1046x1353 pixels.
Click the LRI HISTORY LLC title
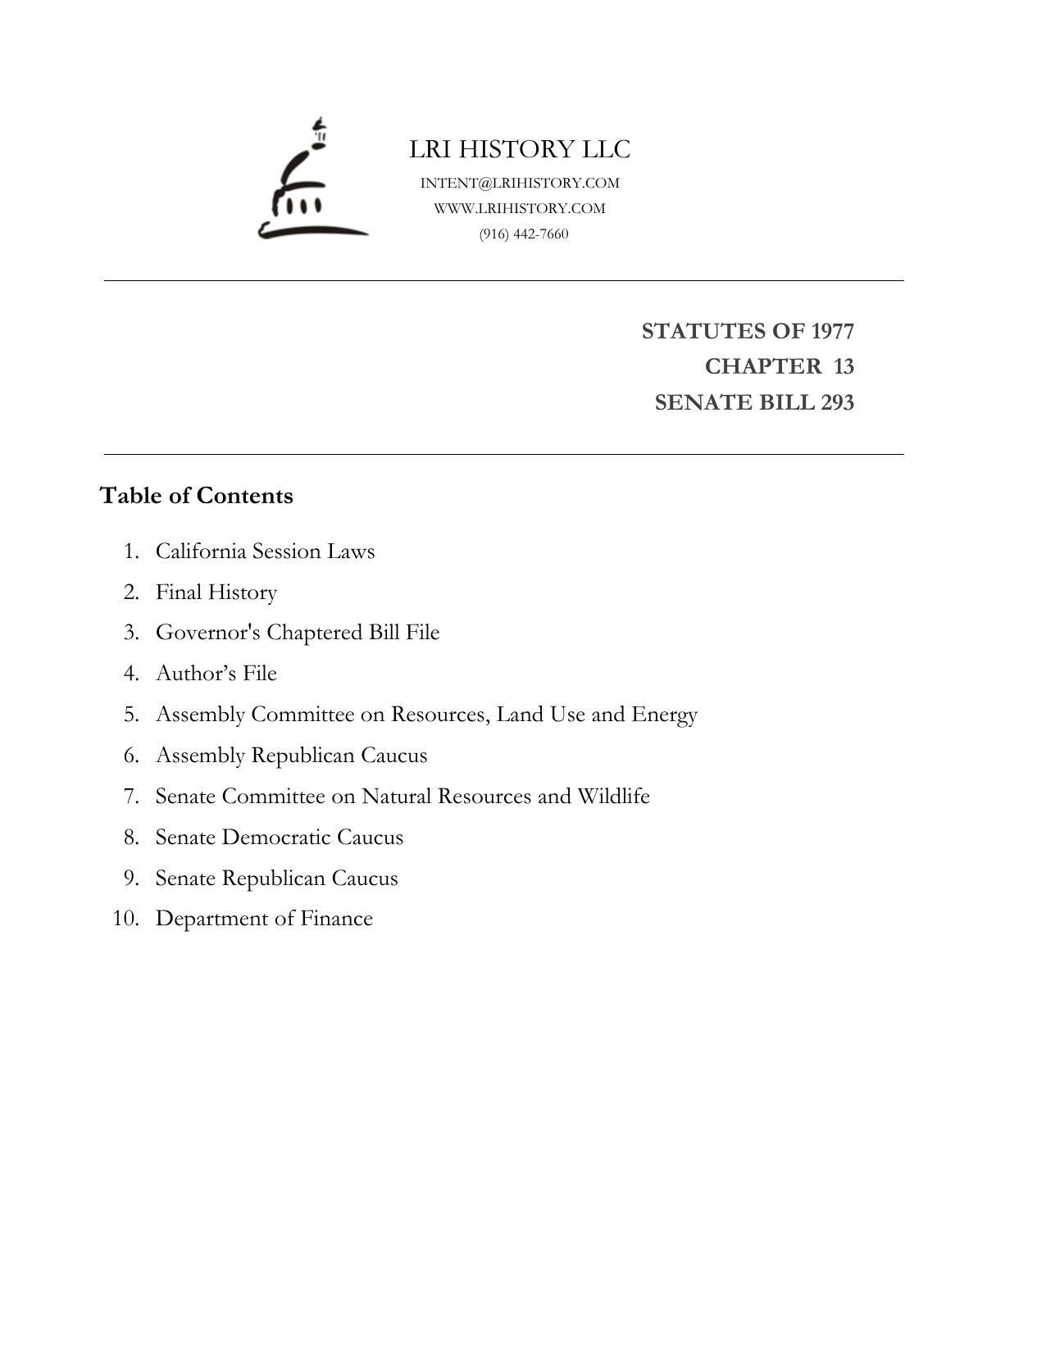(x=520, y=149)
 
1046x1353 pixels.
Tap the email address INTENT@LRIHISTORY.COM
(x=520, y=183)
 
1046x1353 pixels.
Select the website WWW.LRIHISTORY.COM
(x=520, y=208)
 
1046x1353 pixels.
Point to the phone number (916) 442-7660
(x=524, y=234)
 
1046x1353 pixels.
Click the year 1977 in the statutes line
(x=832, y=331)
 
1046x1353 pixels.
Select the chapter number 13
(x=844, y=366)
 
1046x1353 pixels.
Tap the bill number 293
(x=836, y=402)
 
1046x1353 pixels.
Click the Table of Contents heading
(x=196, y=496)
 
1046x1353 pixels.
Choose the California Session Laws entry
(x=265, y=551)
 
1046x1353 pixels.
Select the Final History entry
(x=216, y=592)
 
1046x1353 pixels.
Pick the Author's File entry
(x=216, y=673)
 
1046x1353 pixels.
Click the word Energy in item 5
(x=664, y=715)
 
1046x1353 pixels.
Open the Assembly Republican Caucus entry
(x=291, y=755)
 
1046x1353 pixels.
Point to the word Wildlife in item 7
(x=613, y=796)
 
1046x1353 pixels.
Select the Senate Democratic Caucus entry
(x=280, y=837)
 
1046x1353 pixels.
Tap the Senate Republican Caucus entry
(x=276, y=878)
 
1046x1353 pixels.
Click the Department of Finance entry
(x=264, y=918)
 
